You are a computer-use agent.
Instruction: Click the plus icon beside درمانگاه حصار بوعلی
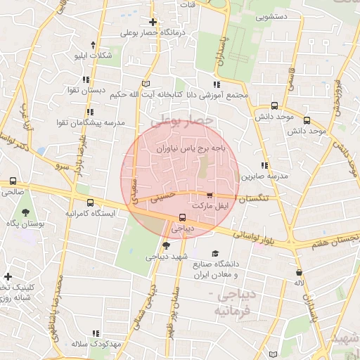(153, 22)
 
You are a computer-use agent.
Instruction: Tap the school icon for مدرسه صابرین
(265, 165)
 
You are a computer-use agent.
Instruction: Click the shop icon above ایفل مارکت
(209, 195)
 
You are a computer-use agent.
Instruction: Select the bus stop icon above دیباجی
(182, 217)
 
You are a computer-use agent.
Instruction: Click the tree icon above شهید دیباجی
(166, 245)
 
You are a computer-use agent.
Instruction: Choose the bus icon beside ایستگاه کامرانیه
(89, 202)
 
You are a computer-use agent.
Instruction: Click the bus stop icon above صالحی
(12, 180)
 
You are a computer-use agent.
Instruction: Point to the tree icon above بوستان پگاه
(25, 212)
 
